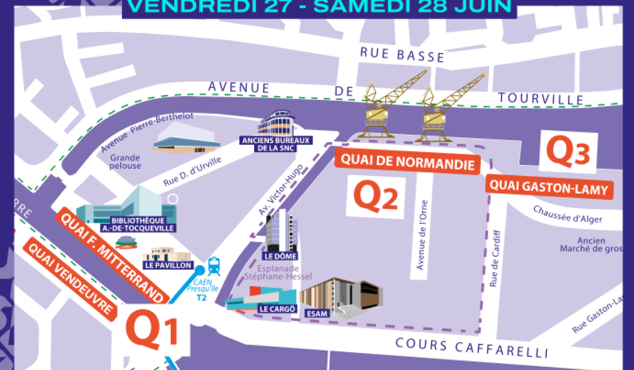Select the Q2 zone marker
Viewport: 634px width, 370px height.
pos(375,195)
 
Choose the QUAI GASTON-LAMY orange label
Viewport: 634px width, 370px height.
pos(549,187)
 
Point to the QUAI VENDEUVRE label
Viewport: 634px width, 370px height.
pos(70,278)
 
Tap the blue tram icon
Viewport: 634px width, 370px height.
pos(214,266)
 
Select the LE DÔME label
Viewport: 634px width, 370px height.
pos(280,256)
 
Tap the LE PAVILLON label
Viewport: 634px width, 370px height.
pos(167,265)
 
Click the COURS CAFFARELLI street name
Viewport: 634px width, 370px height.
pos(472,348)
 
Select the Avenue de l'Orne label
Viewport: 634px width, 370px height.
pos(422,235)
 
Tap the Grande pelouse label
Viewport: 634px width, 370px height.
pos(126,161)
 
